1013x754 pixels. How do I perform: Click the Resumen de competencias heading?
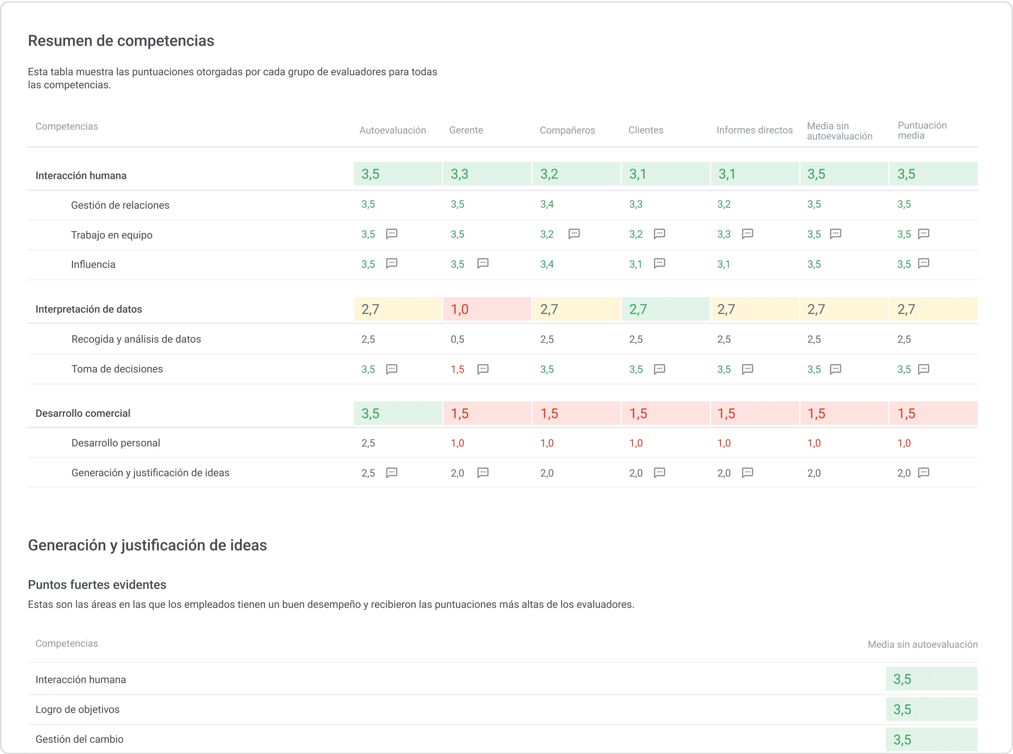pyautogui.click(x=121, y=41)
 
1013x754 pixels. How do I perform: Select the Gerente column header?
pyautogui.click(x=466, y=130)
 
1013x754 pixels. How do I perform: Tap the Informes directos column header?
pyautogui.click(x=754, y=130)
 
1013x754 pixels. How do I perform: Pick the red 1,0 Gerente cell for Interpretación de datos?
pyautogui.click(x=487, y=309)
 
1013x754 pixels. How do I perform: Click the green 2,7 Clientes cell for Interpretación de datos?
pyautogui.click(x=665, y=309)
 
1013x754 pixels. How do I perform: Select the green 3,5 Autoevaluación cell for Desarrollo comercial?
pyautogui.click(x=397, y=413)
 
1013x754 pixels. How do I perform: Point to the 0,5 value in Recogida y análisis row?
pyautogui.click(x=457, y=339)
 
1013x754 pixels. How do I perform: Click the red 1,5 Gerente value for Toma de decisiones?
pyautogui.click(x=457, y=369)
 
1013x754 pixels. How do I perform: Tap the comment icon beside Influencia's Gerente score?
pyautogui.click(x=483, y=264)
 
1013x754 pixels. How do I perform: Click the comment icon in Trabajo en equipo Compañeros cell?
pyautogui.click(x=574, y=234)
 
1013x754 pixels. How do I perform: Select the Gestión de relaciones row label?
pyautogui.click(x=120, y=205)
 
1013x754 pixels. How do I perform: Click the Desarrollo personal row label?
pyautogui.click(x=115, y=443)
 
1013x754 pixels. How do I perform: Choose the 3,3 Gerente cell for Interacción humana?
pyautogui.click(x=487, y=174)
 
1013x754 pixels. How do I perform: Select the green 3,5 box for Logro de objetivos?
pyautogui.click(x=931, y=709)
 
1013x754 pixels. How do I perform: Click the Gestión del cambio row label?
pyautogui.click(x=79, y=739)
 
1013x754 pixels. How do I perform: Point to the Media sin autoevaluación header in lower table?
pyautogui.click(x=922, y=644)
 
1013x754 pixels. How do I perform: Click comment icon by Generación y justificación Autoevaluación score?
pyautogui.click(x=391, y=472)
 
